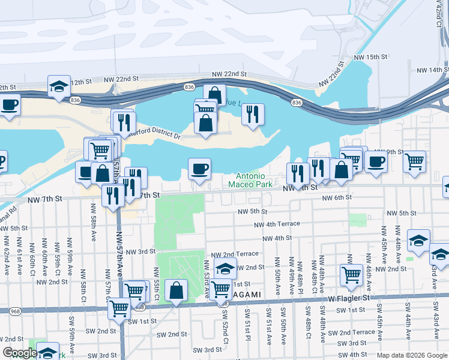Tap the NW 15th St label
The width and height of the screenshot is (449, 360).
tap(371, 56)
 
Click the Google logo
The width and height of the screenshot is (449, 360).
tap(19, 353)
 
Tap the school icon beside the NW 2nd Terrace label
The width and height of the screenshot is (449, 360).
tap(225, 269)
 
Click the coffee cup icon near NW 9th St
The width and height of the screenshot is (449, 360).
tap(376, 161)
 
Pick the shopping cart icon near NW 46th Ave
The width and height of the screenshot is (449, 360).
tap(352, 275)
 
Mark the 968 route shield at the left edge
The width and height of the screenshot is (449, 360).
tap(14, 311)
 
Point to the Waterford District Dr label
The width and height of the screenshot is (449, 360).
tap(154, 136)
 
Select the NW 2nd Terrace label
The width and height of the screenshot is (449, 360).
tap(239, 254)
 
